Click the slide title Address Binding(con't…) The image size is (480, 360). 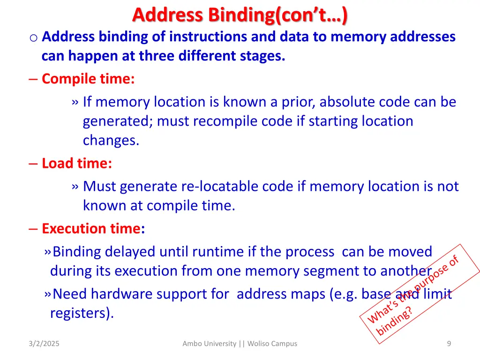pos(240,15)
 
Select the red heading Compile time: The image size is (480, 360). pos(88,79)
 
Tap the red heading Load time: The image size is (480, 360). pos(77,163)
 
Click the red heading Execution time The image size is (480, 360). pos(91,229)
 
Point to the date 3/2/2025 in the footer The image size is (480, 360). pos(44,344)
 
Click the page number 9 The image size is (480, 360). pos(449,344)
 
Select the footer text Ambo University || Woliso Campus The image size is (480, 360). pos(240,344)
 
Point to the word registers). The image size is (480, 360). pos(82,313)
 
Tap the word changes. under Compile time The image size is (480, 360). pos(111,140)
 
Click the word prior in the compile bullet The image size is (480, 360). pos(298,102)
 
